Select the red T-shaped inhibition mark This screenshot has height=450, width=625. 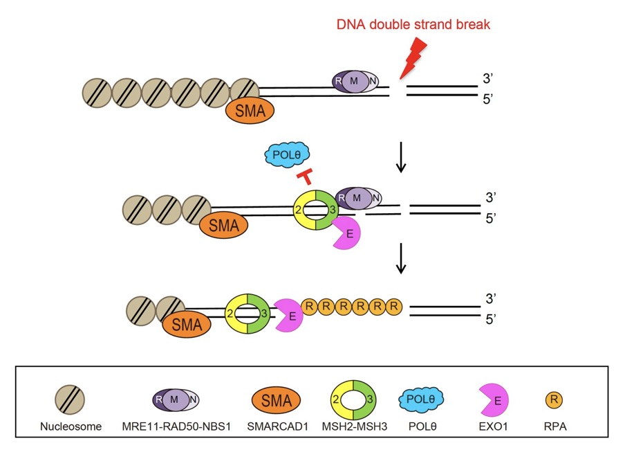coord(304,179)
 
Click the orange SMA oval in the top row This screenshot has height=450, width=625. coord(249,109)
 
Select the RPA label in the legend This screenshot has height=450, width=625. coord(555,426)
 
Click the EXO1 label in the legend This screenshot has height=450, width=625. coord(492,426)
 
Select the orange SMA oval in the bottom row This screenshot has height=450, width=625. coord(185,323)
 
